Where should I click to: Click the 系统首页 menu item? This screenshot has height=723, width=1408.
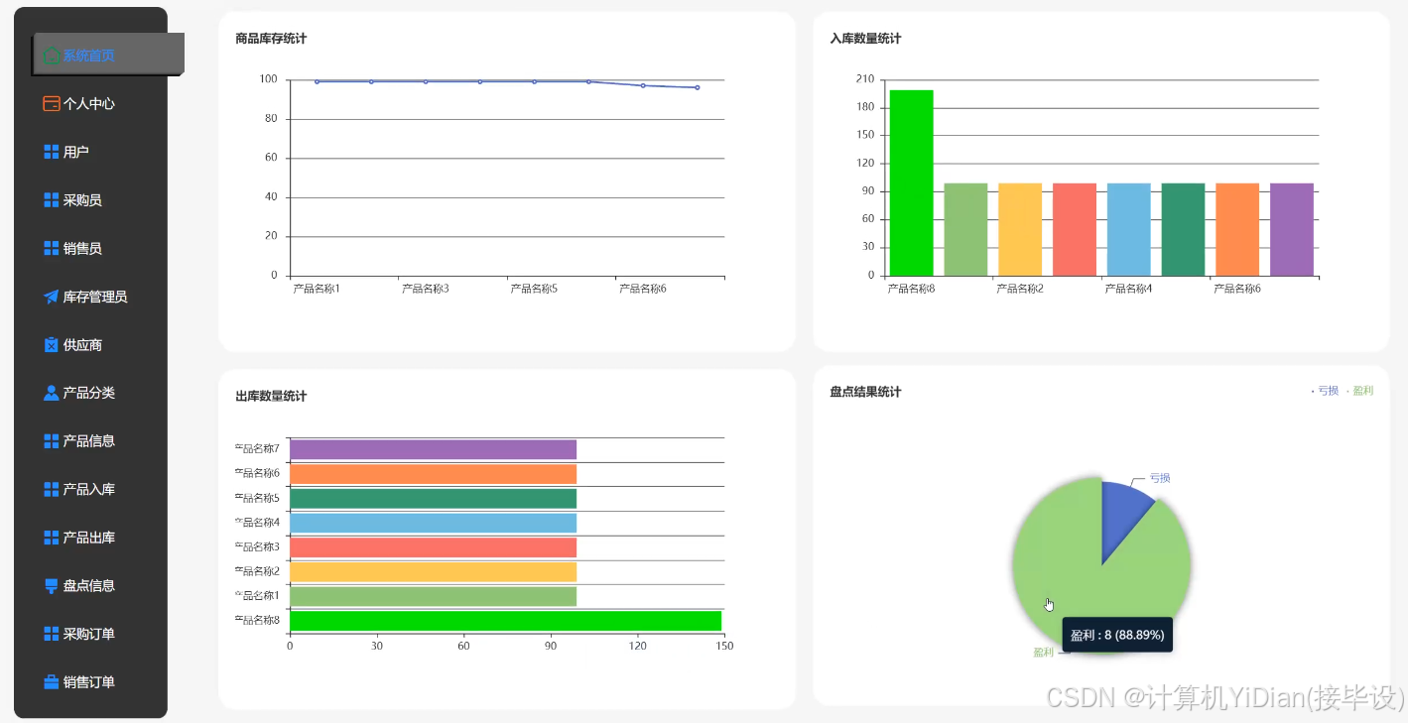[88, 56]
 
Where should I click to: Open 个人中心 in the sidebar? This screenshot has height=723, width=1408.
[88, 103]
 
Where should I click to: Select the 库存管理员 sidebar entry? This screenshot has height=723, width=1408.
[94, 297]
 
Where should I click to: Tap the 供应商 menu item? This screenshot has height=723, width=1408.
[82, 345]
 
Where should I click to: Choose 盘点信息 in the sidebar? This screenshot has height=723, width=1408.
[88, 586]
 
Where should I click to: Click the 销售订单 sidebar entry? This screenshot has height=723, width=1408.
[88, 682]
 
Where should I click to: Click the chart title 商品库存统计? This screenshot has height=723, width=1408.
[271, 39]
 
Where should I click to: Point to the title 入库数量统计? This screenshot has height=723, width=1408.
[865, 39]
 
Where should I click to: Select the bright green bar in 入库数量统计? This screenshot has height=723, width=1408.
[911, 182]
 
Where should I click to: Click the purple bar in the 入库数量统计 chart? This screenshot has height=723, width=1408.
[1291, 229]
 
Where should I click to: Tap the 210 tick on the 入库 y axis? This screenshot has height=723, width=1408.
[865, 79]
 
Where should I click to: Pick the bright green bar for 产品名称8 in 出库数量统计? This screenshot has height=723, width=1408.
[505, 621]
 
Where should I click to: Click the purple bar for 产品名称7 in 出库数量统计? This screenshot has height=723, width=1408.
[433, 450]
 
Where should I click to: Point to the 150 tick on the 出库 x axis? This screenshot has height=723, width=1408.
[724, 646]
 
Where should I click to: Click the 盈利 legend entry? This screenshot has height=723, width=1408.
[1362, 391]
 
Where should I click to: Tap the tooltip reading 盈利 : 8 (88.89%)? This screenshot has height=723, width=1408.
[1117, 635]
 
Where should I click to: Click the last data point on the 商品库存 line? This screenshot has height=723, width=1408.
[697, 87]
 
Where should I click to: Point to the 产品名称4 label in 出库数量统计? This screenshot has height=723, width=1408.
[257, 522]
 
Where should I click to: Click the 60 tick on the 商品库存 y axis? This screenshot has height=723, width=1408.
[271, 158]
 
